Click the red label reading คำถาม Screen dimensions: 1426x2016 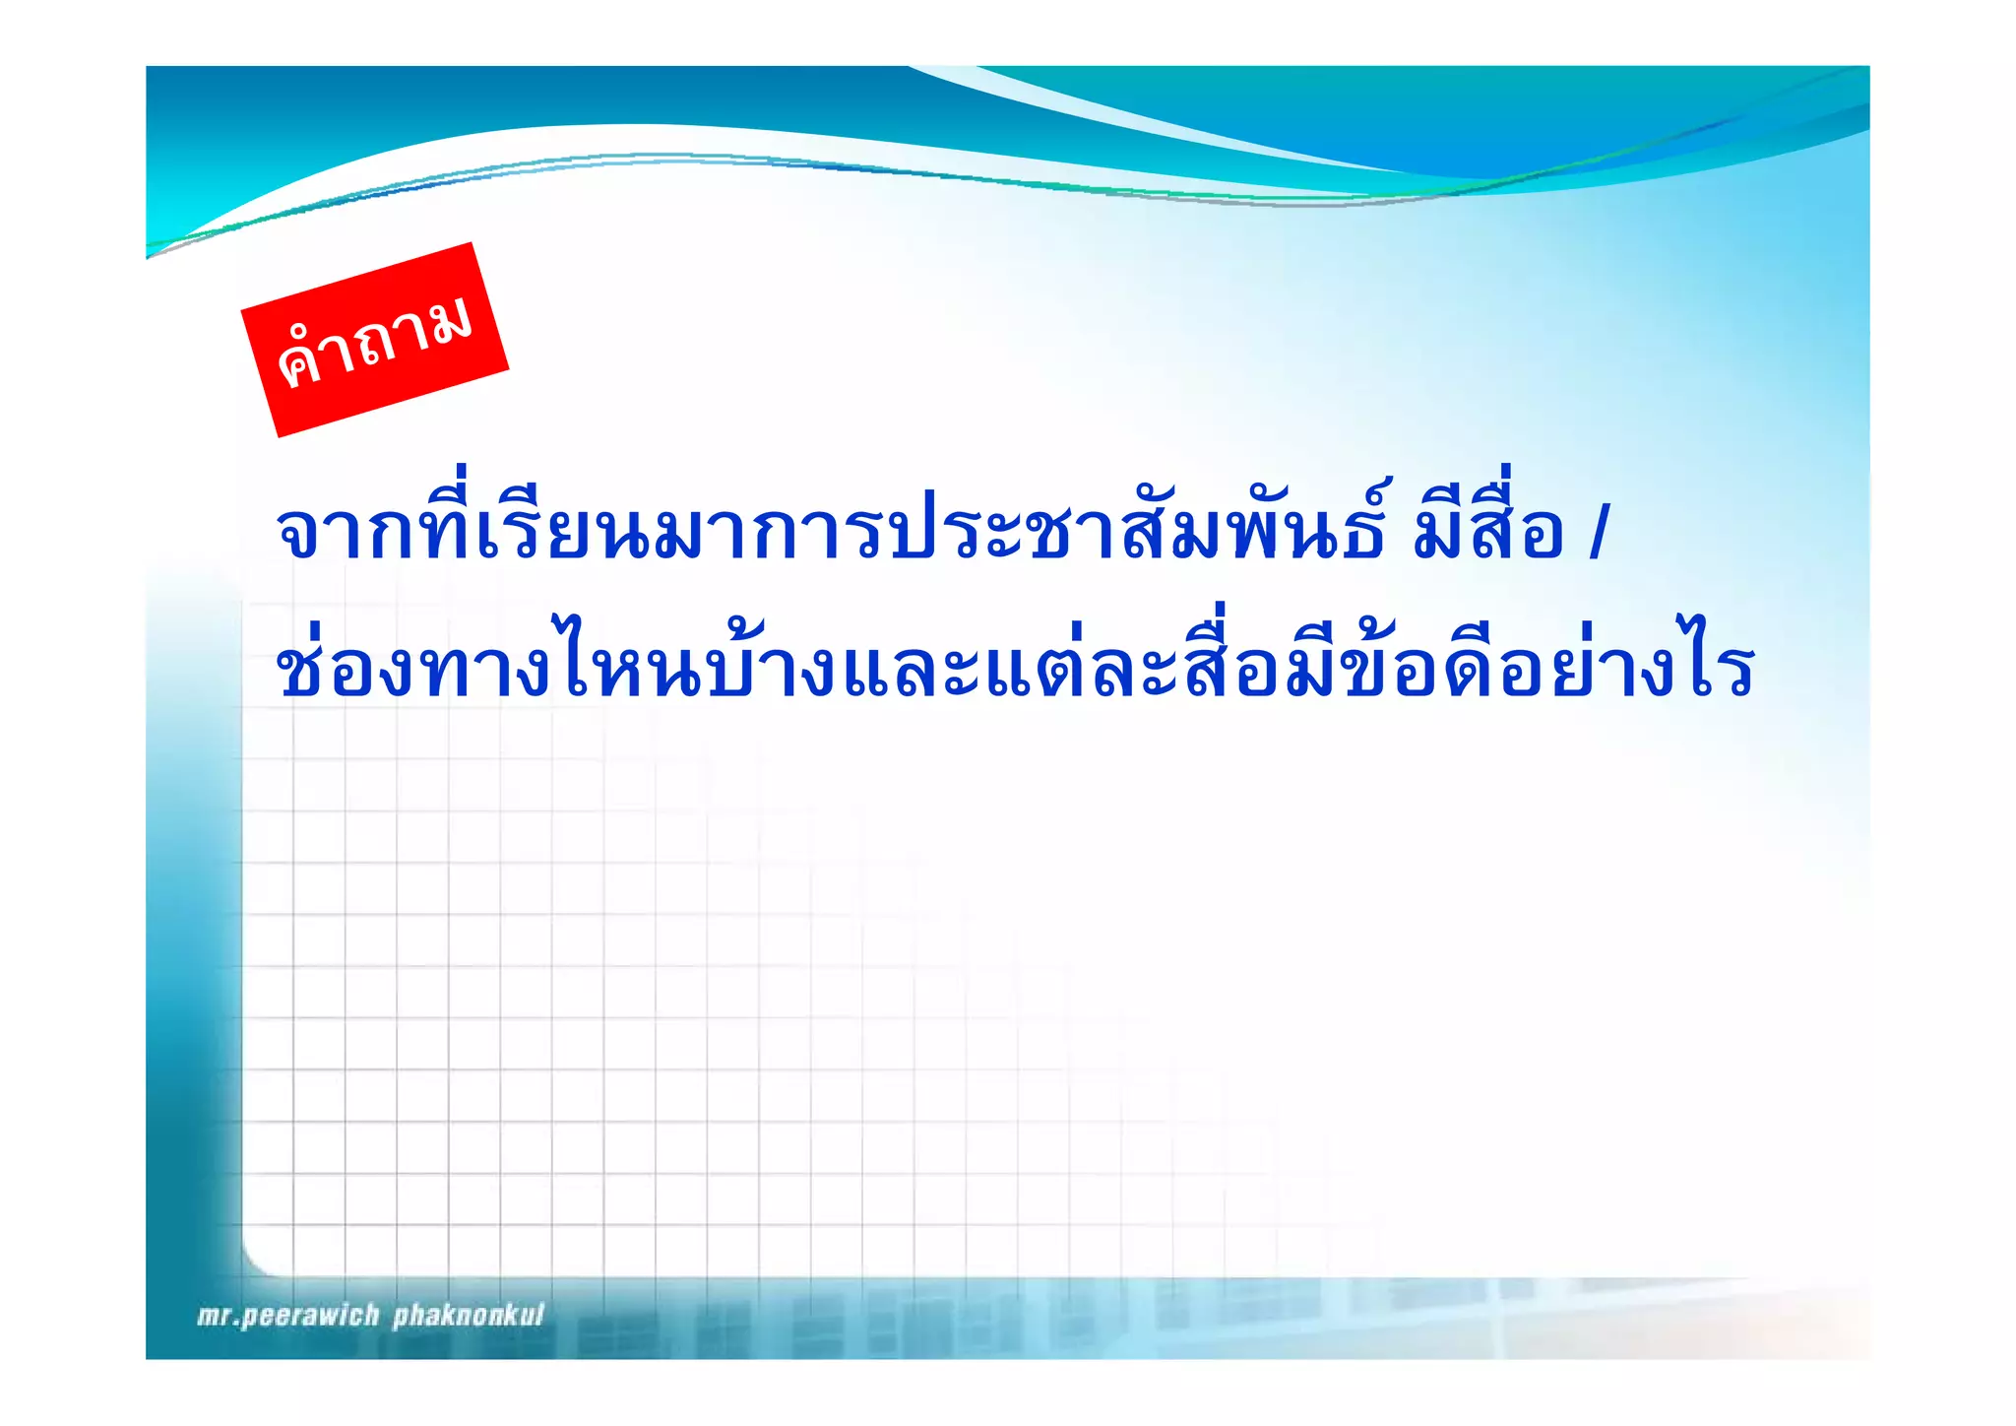point(375,340)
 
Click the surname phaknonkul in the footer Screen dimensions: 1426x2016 point(469,1316)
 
